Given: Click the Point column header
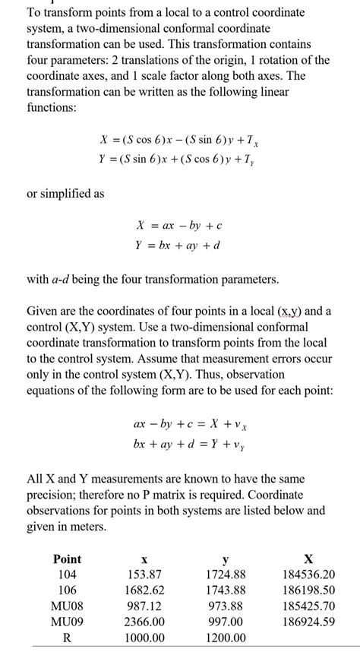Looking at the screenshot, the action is [67, 559].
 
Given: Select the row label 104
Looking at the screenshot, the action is [67, 575].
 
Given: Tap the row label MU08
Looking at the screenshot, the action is [67, 606].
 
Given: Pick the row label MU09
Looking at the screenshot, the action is [67, 622].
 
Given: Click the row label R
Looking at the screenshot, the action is [67, 638].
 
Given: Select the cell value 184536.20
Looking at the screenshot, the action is [308, 575].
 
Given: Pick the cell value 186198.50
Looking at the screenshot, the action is [308, 590].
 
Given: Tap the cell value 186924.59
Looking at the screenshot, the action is [308, 622].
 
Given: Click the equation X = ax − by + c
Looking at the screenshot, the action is [178, 226].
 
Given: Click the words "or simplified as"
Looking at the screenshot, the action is [65, 193].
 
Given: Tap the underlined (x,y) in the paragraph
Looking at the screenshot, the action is [289, 311].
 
